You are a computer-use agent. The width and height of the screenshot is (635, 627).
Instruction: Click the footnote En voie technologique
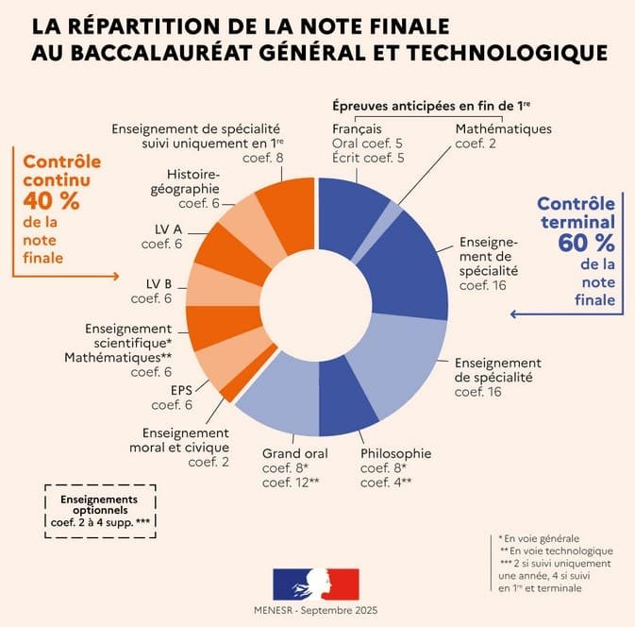557,550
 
